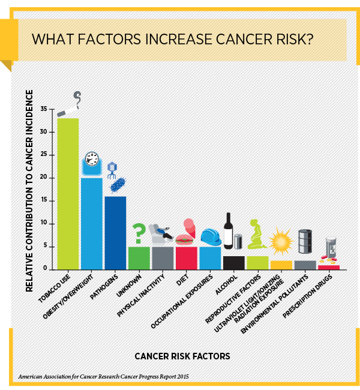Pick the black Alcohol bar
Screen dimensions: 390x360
pyautogui.click(x=233, y=262)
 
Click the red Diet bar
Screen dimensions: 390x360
pyautogui.click(x=186, y=257)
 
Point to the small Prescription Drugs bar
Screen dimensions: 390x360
pyautogui.click(x=328, y=267)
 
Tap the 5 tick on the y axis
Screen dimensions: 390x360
pyautogui.click(x=46, y=247)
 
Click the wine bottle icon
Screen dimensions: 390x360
pyautogui.click(x=228, y=231)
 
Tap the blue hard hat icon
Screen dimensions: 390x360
pyautogui.click(x=210, y=237)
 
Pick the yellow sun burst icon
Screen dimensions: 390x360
pyautogui.click(x=280, y=244)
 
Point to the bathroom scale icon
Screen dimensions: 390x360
pyautogui.click(x=91, y=161)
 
